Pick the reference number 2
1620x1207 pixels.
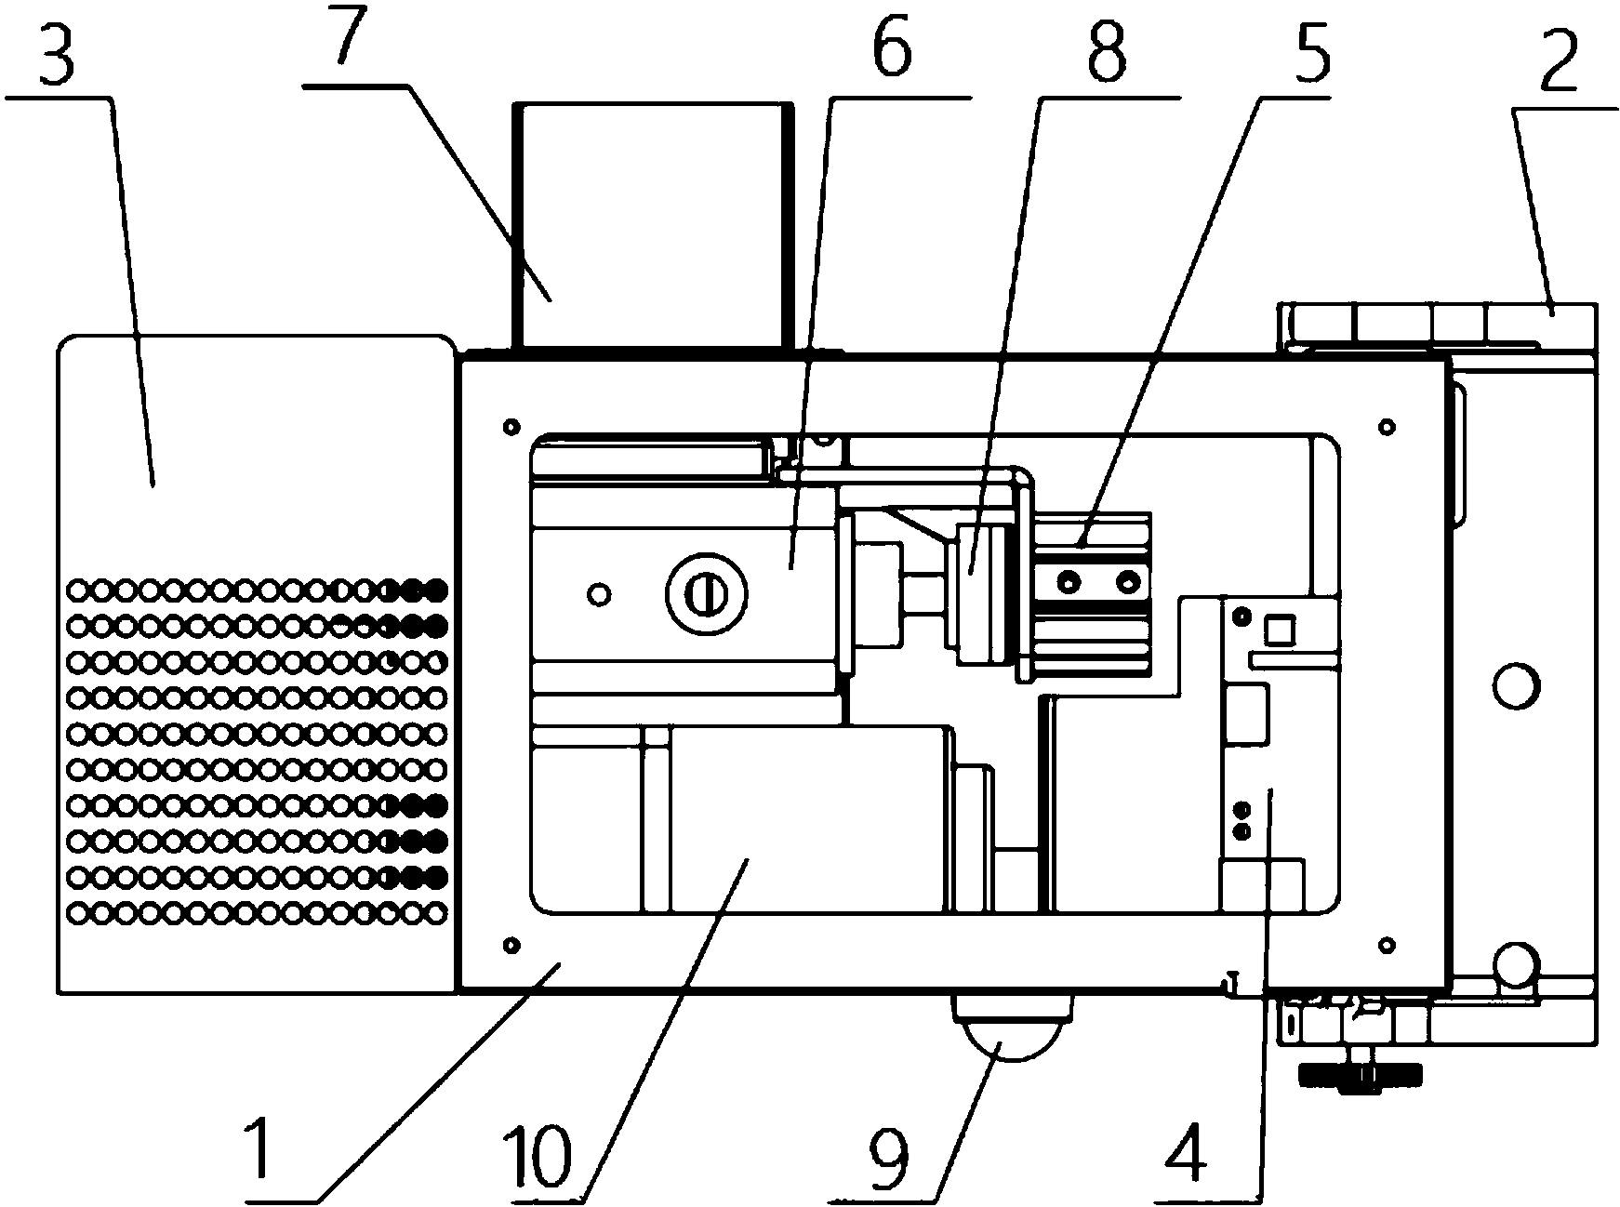[x=1560, y=63]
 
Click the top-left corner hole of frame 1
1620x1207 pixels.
[x=509, y=427]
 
